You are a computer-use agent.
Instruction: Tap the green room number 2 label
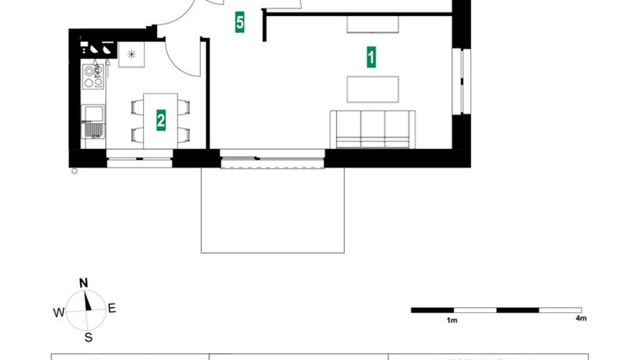[x=161, y=119]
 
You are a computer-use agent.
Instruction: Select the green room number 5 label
[x=240, y=23]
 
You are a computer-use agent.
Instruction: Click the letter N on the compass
[x=84, y=283]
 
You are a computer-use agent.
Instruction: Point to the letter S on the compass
[x=87, y=338]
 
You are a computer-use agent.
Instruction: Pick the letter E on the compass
[x=112, y=309]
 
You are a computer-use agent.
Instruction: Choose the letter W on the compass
[x=59, y=312]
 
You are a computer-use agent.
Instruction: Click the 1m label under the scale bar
[x=452, y=320]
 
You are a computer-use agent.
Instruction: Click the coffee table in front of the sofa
[x=373, y=88]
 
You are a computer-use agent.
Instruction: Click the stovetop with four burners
[x=92, y=77]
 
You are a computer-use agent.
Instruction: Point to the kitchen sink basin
[x=92, y=113]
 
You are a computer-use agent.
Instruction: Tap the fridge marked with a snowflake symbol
[x=131, y=55]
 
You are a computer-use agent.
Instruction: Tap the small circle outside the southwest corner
[x=75, y=172]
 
